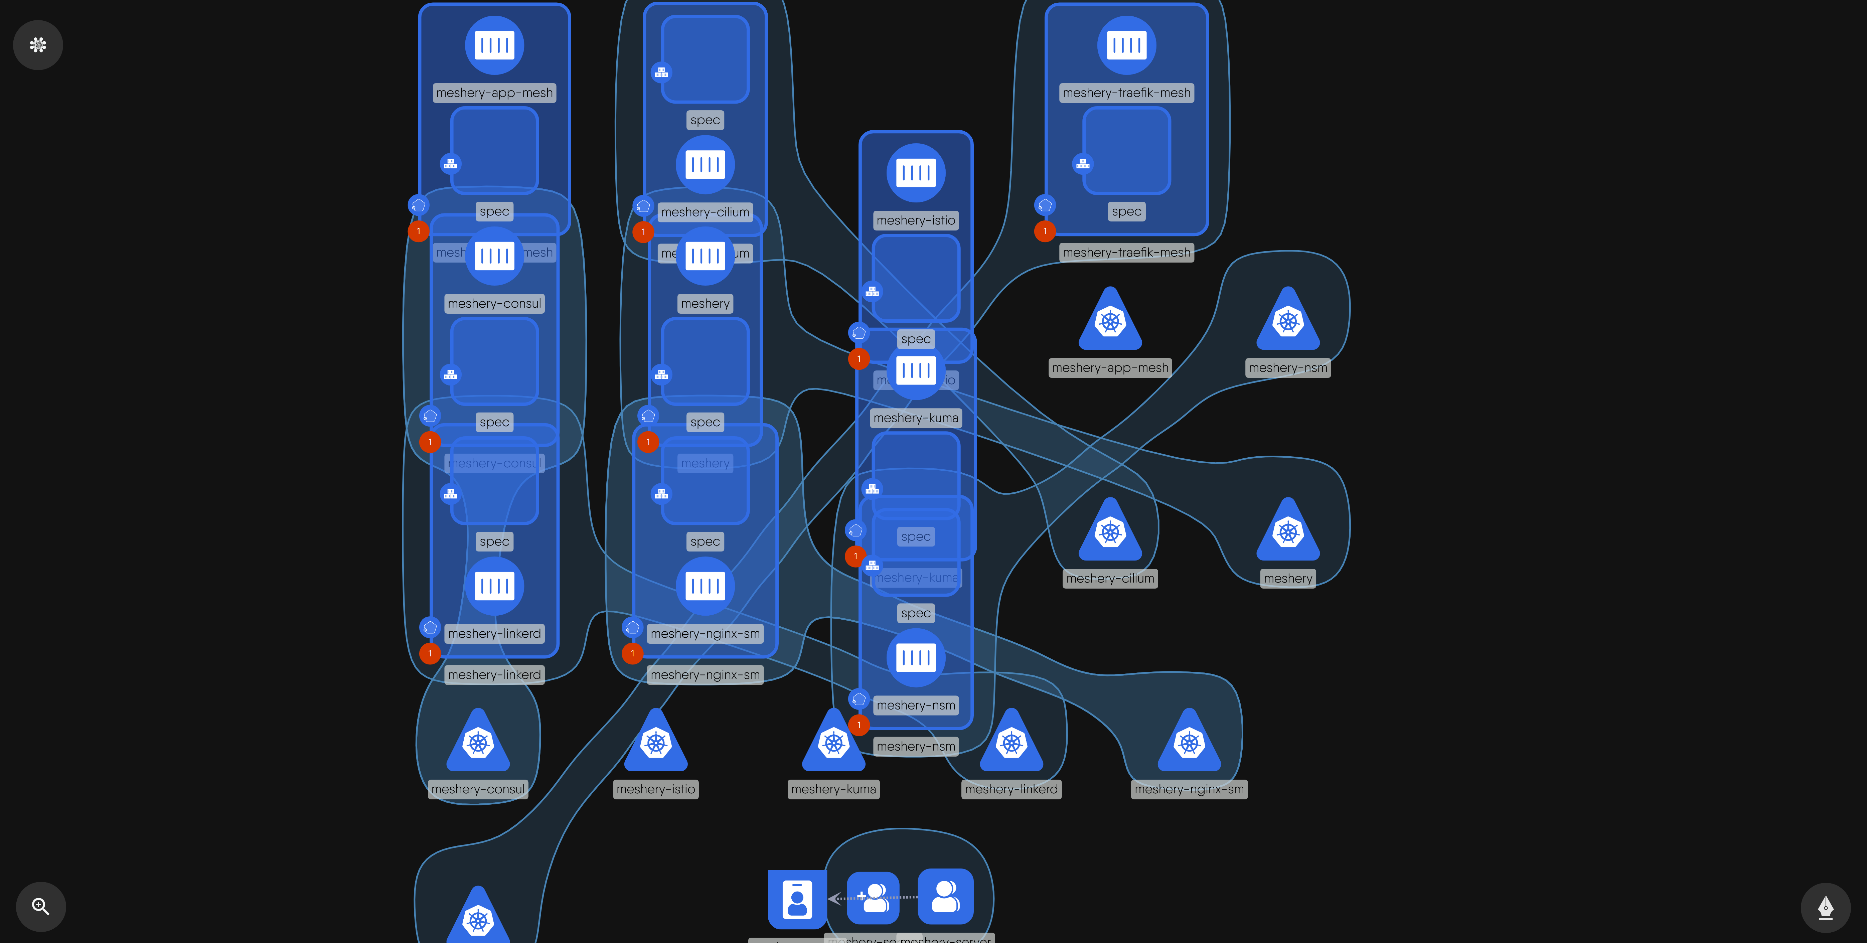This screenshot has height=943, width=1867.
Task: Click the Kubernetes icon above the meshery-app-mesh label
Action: pos(1110,321)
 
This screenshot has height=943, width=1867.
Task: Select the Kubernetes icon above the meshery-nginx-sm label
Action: pos(1189,743)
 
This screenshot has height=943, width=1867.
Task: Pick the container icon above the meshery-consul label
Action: pos(494,256)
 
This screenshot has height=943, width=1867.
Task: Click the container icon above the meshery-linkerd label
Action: pos(494,586)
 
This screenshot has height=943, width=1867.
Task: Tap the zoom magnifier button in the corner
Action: pos(41,906)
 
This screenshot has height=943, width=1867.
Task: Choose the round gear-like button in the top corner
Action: pos(38,45)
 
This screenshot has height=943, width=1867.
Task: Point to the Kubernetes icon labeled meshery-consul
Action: pos(478,743)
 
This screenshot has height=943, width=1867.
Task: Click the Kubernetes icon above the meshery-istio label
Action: pos(655,743)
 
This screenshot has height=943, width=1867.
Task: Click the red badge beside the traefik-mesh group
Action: pos(1044,231)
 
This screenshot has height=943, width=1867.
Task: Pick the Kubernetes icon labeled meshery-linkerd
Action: pos(1011,743)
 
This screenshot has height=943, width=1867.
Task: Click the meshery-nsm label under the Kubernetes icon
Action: pos(1287,367)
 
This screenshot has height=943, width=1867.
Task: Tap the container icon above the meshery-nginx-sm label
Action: pos(705,586)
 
